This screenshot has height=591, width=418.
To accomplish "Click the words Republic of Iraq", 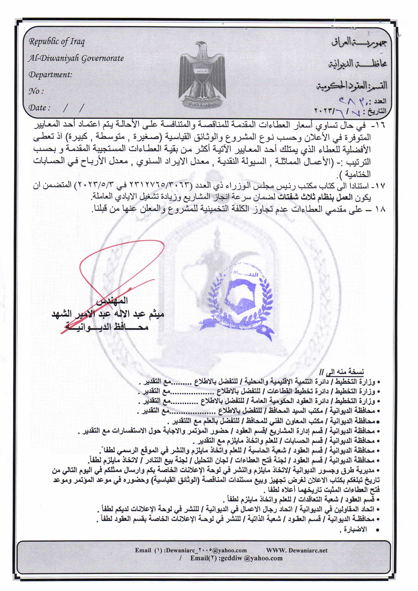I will pyautogui.click(x=56, y=42).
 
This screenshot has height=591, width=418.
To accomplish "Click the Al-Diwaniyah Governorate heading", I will pyautogui.click(x=76, y=58).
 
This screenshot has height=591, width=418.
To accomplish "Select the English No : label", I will pyautogui.click(x=36, y=91).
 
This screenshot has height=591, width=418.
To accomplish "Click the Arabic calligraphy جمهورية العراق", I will pyautogui.click(x=359, y=42).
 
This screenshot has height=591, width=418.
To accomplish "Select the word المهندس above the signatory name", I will pyautogui.click(x=112, y=301).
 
